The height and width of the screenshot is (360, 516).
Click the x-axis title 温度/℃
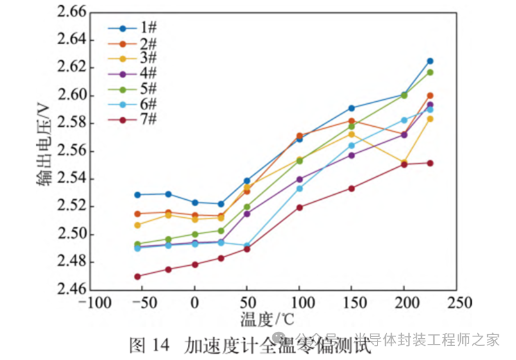point(268,318)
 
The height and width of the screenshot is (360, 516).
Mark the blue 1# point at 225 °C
point(430,61)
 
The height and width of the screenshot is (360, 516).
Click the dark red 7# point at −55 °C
point(137,276)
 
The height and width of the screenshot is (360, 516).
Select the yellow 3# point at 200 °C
point(404,163)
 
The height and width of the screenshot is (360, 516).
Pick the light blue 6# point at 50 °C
point(247,245)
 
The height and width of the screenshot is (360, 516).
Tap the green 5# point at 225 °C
point(430,72)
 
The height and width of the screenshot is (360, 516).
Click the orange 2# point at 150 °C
point(351,121)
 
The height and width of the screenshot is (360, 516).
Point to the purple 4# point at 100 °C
point(299,179)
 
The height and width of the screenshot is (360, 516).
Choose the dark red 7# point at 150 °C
point(351,188)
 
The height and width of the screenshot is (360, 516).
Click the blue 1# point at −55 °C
point(137,195)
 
